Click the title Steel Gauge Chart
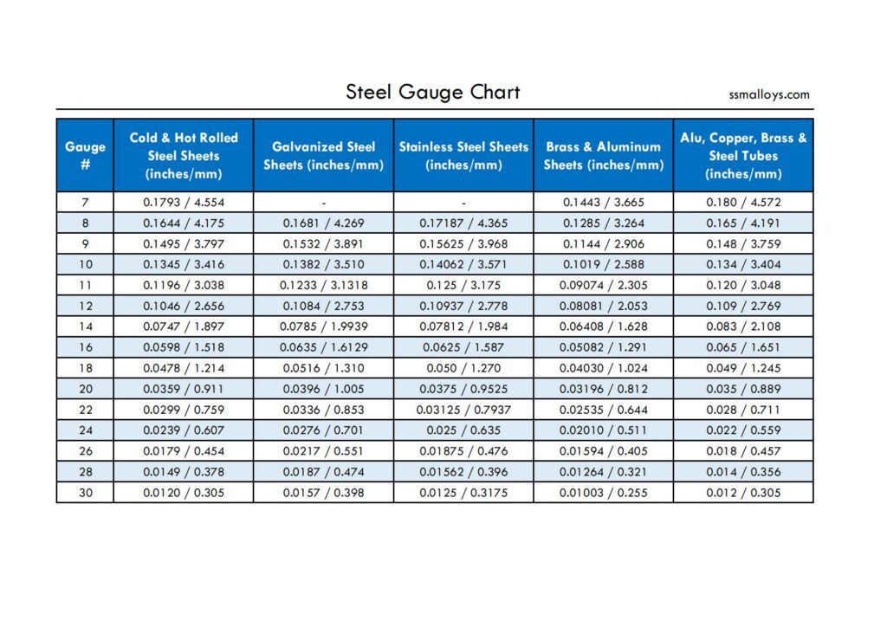click(x=432, y=92)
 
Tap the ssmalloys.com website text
click(x=769, y=94)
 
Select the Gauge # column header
click(x=85, y=155)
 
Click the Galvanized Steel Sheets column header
click(x=323, y=156)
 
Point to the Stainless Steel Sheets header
click(x=463, y=156)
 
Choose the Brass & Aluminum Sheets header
click(x=603, y=156)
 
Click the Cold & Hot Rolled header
click(x=184, y=156)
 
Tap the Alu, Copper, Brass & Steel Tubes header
click(x=743, y=156)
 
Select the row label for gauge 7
click(x=85, y=203)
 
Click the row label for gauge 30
click(x=85, y=493)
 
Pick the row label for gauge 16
click(x=85, y=347)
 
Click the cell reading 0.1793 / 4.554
click(x=184, y=203)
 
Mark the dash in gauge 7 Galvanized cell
click(x=324, y=203)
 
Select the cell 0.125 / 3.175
click(x=463, y=285)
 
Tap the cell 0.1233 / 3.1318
click(x=323, y=285)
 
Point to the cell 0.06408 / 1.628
click(x=603, y=326)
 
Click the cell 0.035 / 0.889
click(x=743, y=389)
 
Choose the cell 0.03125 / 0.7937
click(x=463, y=410)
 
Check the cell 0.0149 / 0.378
click(x=184, y=472)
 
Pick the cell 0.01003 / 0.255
click(x=603, y=493)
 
